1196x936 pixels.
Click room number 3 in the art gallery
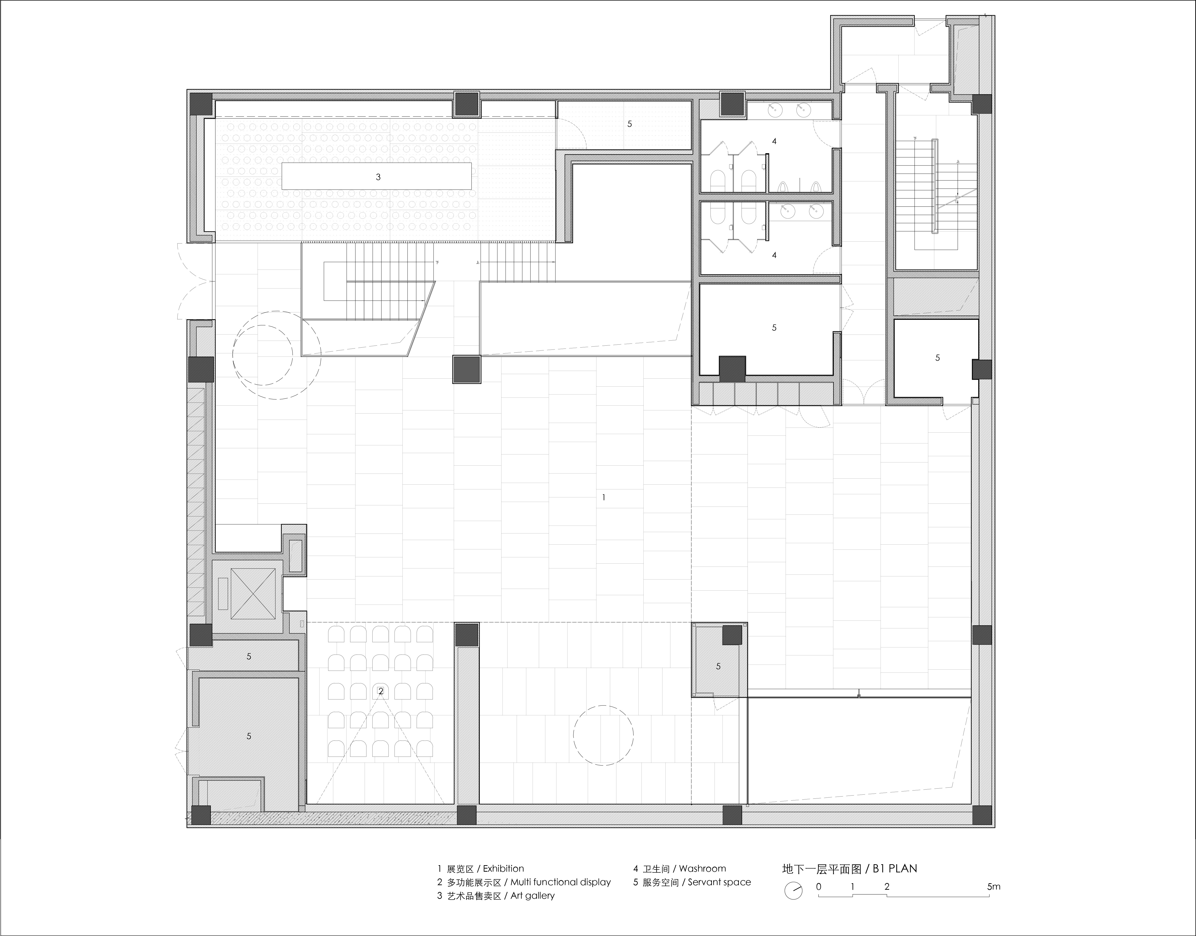tap(378, 177)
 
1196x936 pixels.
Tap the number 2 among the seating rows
tap(381, 692)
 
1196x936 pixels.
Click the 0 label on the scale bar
tap(819, 886)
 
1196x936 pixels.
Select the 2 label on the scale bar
tap(887, 886)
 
